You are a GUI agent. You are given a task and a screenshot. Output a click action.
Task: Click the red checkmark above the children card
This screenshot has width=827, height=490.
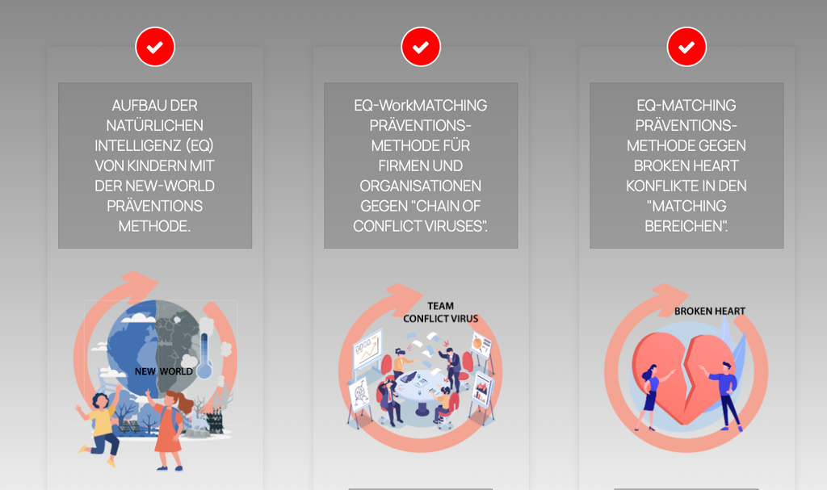(155, 47)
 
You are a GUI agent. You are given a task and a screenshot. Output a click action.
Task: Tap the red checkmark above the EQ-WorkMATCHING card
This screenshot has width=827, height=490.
(421, 47)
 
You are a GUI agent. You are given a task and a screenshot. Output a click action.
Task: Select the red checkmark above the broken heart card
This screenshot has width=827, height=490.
(686, 47)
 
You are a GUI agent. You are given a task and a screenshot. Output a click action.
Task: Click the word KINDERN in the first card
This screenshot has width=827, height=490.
(157, 165)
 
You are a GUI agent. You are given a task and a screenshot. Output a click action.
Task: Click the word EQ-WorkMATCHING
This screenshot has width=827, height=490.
(421, 106)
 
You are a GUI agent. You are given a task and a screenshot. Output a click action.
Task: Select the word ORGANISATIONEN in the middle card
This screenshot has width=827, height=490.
(421, 186)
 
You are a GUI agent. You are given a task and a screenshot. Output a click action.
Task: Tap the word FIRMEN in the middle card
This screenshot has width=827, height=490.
(403, 165)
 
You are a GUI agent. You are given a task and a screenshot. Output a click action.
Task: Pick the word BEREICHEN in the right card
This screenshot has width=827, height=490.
(686, 226)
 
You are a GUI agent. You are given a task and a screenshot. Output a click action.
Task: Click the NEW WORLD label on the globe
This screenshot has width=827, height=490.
(163, 371)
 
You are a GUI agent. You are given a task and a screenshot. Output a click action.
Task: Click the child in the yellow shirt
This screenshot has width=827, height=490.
(100, 428)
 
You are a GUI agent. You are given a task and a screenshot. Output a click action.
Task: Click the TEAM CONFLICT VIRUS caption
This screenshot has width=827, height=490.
(440, 312)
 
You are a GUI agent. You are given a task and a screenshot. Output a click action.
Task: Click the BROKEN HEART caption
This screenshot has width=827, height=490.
(710, 312)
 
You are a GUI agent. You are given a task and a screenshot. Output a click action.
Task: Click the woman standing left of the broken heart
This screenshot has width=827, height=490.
(650, 396)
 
